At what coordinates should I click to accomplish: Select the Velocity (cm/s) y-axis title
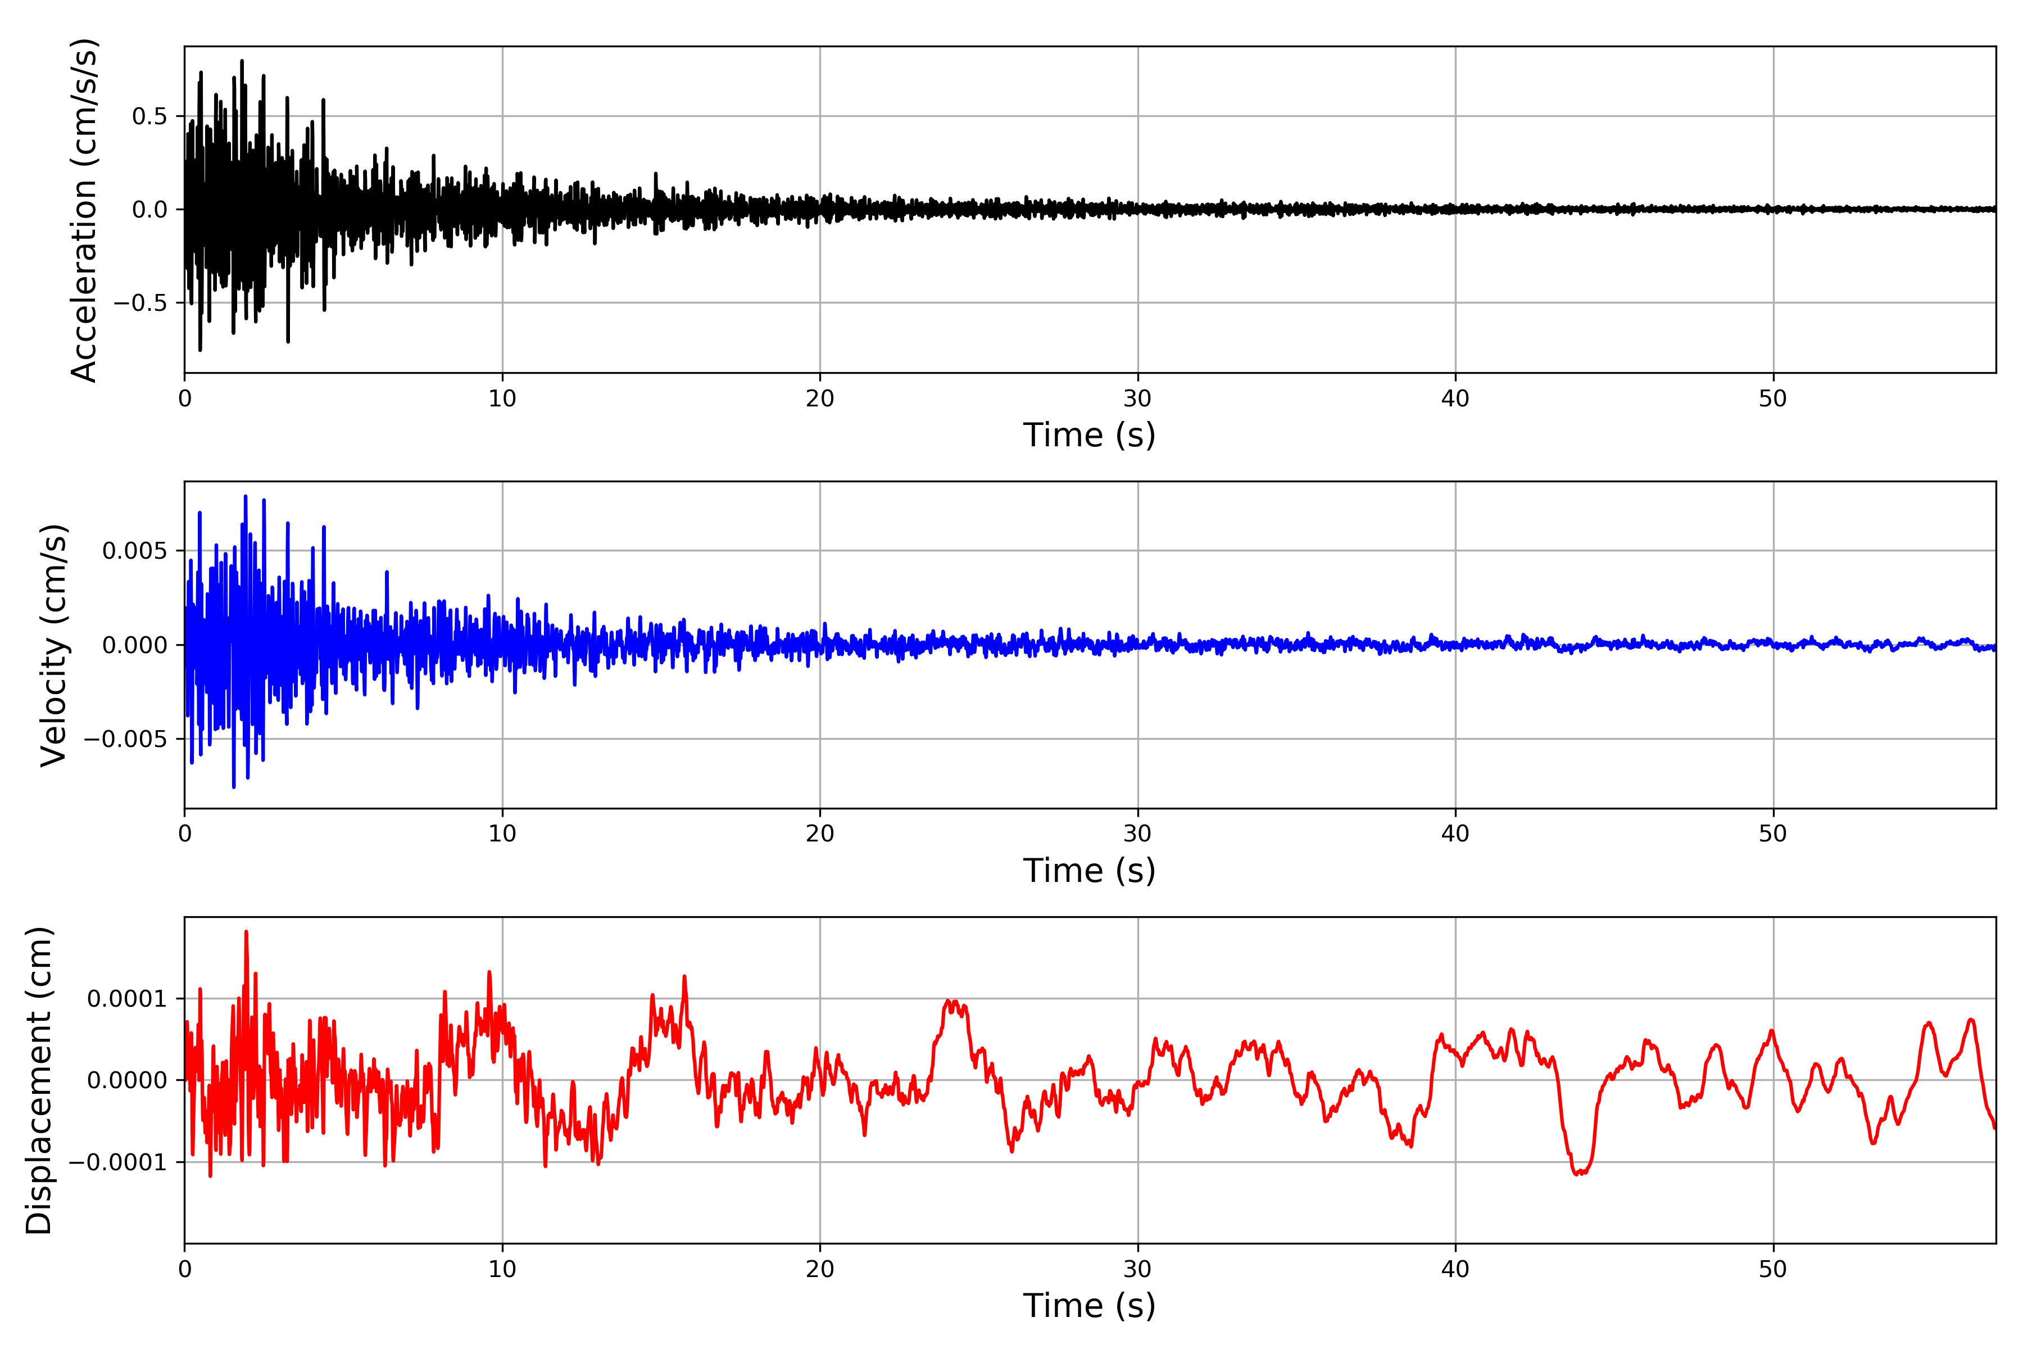point(53,645)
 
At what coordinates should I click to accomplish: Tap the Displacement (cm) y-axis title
point(39,1080)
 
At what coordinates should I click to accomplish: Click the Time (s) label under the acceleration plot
point(1089,435)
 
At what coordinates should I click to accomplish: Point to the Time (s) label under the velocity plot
point(1089,871)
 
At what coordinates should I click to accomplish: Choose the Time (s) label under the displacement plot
point(1089,1306)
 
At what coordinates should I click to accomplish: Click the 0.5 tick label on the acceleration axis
point(149,116)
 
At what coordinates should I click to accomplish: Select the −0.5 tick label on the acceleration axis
point(139,303)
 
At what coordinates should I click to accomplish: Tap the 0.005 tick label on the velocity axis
point(134,551)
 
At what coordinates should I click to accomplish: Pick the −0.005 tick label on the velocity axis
point(125,739)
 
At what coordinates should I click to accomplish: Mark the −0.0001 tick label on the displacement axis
point(117,1162)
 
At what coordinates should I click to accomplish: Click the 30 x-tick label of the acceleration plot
point(1137,399)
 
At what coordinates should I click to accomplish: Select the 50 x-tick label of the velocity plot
point(1773,834)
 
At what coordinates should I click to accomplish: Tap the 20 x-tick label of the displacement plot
point(820,1269)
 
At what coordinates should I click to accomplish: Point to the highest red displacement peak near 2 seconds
point(246,932)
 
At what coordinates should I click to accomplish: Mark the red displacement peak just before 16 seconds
point(684,976)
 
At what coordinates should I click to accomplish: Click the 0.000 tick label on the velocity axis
point(134,645)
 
